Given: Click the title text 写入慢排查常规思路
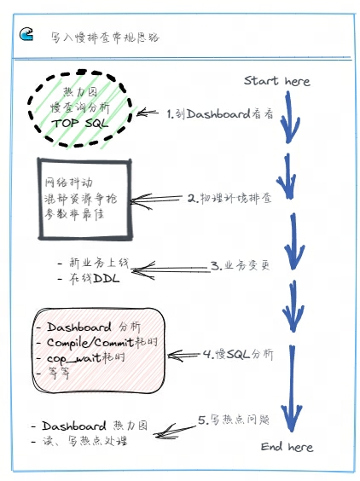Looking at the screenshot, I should point(104,38).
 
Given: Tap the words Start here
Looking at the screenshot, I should point(276,81).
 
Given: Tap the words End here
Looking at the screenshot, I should point(287,446).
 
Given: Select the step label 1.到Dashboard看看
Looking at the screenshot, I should point(219,113).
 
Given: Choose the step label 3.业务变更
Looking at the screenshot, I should point(239,265).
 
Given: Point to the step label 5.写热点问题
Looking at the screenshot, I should point(233,420).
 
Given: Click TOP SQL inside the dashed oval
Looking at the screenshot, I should point(82,123).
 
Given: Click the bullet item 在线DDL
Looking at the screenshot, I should point(89,278).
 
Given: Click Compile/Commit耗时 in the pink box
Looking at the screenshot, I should point(101,341).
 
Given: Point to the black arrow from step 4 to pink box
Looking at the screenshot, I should point(180,353).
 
